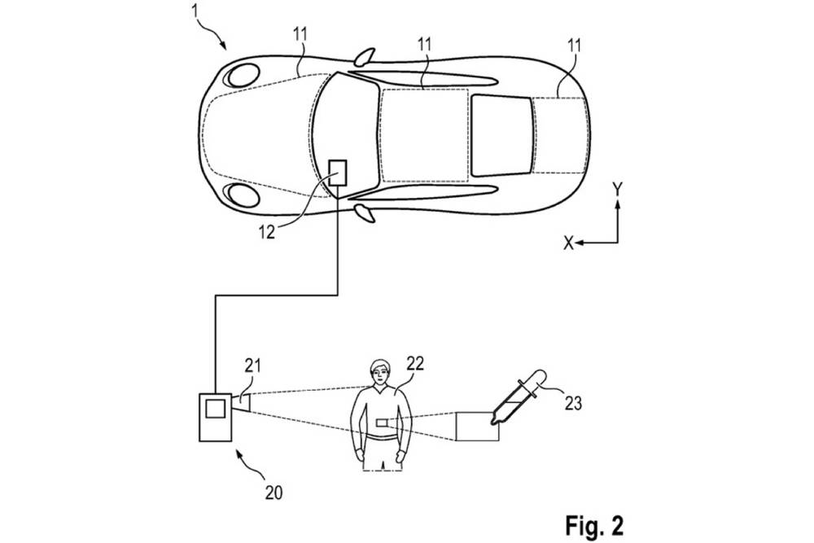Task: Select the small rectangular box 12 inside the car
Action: coord(337,173)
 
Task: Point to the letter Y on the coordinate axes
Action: coord(617,190)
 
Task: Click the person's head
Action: coord(379,374)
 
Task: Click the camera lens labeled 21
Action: coord(242,402)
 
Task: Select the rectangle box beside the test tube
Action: coord(477,427)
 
